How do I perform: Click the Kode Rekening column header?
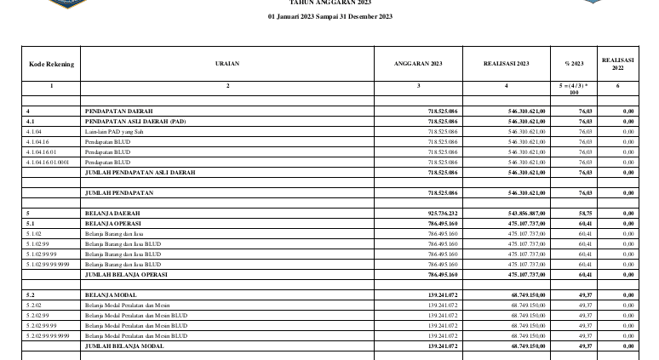click(x=51, y=64)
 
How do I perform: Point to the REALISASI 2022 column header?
click(x=618, y=64)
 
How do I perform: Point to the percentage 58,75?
click(x=584, y=213)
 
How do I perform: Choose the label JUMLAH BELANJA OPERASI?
click(x=125, y=275)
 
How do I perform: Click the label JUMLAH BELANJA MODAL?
click(x=123, y=346)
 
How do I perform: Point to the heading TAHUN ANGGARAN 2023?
click(x=329, y=3)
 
